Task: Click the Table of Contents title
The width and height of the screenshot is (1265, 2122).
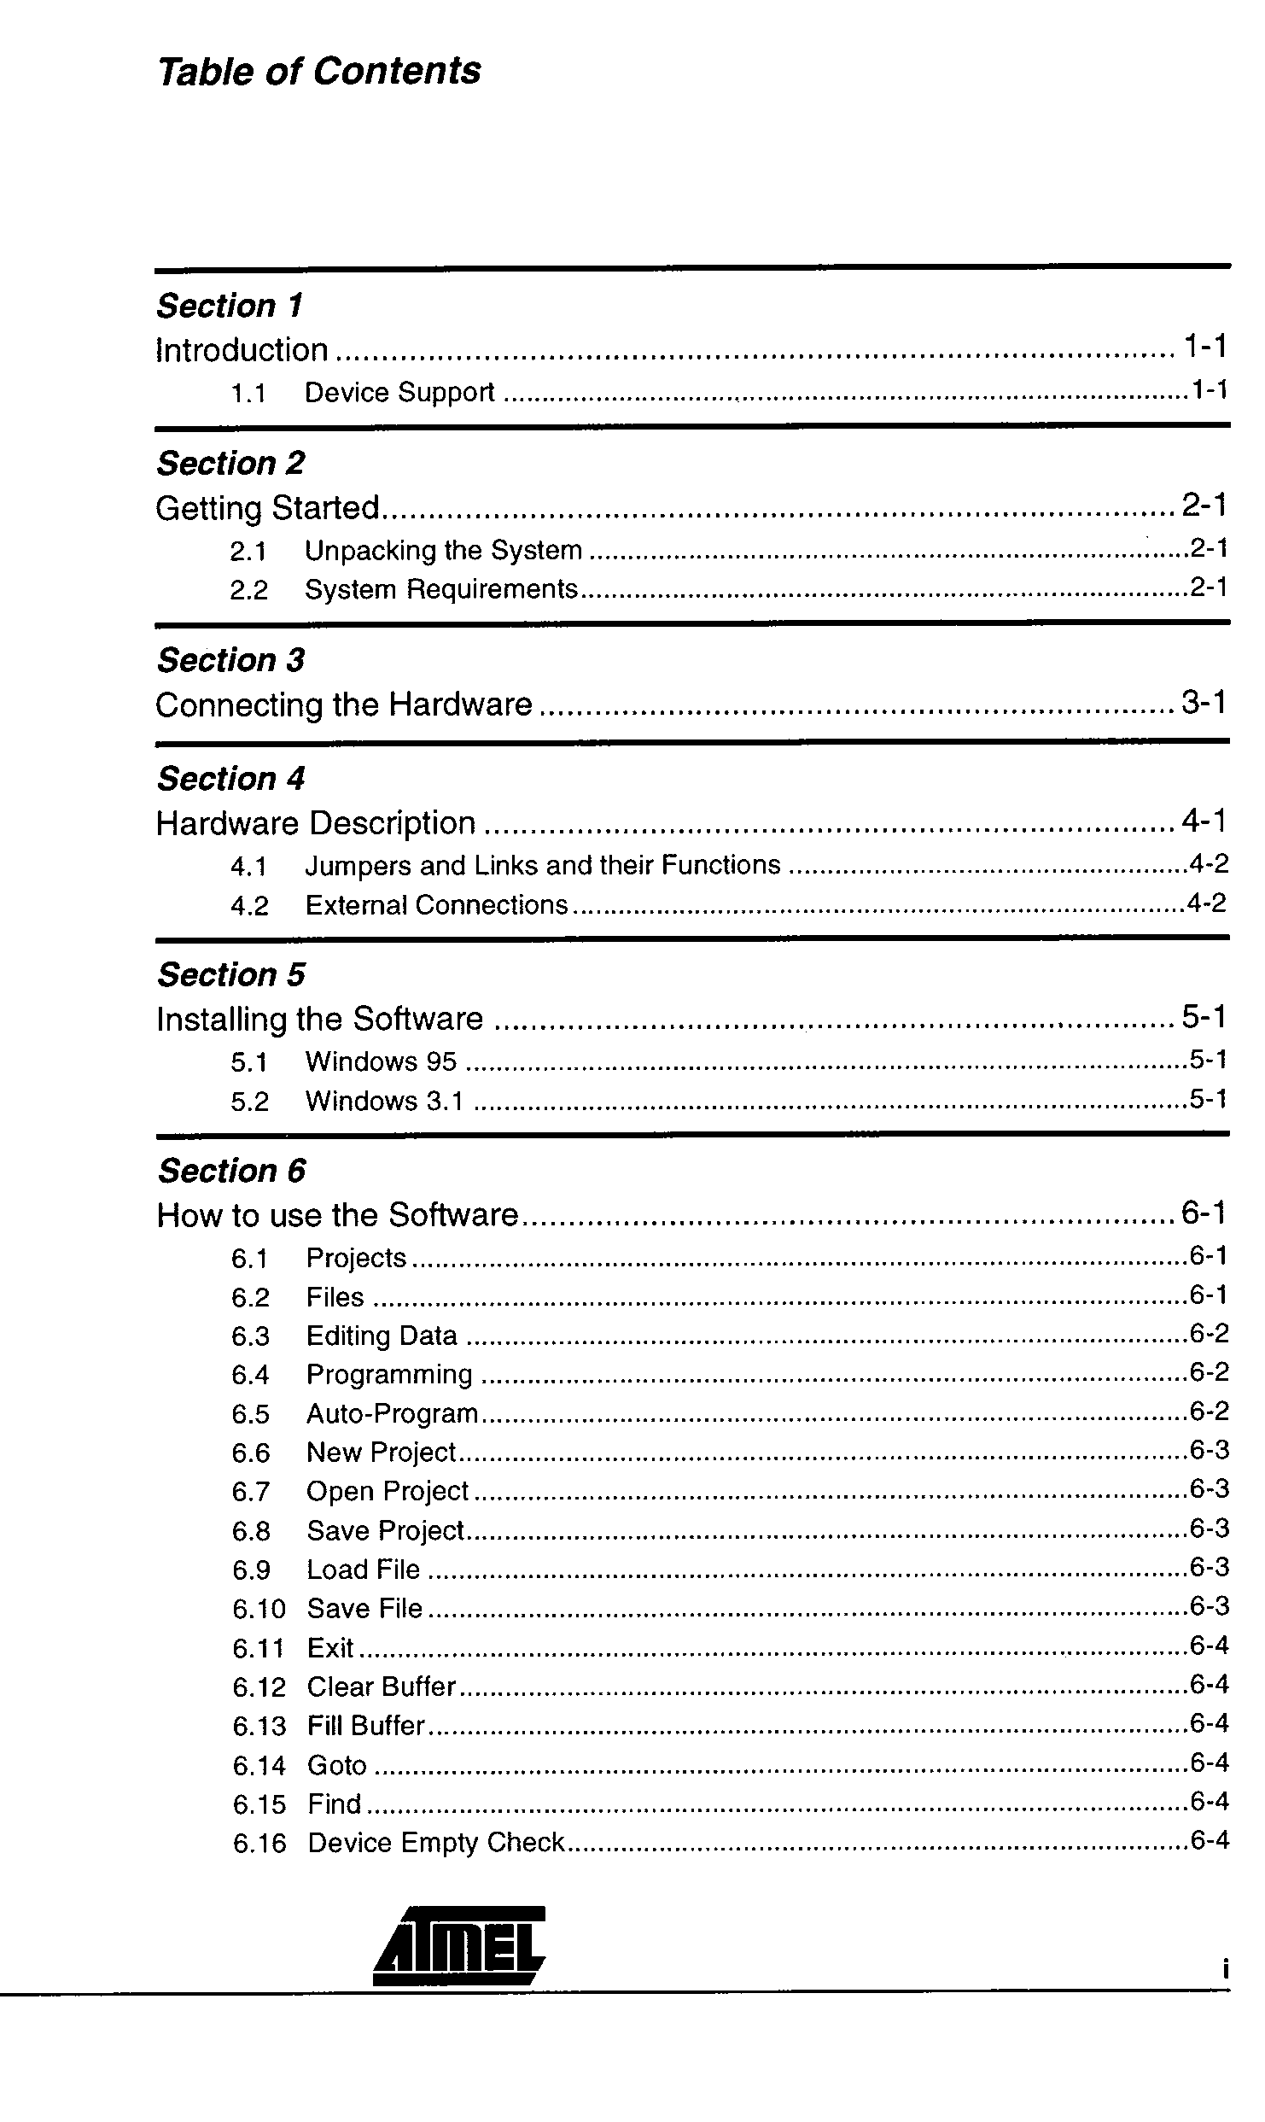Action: (319, 71)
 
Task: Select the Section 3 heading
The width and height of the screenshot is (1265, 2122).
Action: (230, 660)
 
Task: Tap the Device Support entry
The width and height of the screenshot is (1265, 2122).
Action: (399, 393)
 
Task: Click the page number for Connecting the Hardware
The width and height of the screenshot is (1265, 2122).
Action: (1204, 703)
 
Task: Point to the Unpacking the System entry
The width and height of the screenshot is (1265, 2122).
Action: (443, 551)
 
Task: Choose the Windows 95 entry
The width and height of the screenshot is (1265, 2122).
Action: (381, 1061)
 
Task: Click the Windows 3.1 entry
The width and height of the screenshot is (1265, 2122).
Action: (384, 1102)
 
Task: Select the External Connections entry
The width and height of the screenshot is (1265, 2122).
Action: (436, 905)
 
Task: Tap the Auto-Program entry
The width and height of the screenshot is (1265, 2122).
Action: (392, 1414)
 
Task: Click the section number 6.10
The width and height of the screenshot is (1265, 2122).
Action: (259, 1610)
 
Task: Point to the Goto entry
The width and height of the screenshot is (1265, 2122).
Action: (336, 1765)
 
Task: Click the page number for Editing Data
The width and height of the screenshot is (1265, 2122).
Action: (1209, 1334)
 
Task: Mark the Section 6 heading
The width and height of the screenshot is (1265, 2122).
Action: (231, 1171)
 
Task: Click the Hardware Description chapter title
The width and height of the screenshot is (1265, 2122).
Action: (316, 823)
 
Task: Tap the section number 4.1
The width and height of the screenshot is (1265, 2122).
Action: (249, 867)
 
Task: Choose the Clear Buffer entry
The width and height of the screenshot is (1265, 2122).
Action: (382, 1687)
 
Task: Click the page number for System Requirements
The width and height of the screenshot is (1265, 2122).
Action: (1209, 587)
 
